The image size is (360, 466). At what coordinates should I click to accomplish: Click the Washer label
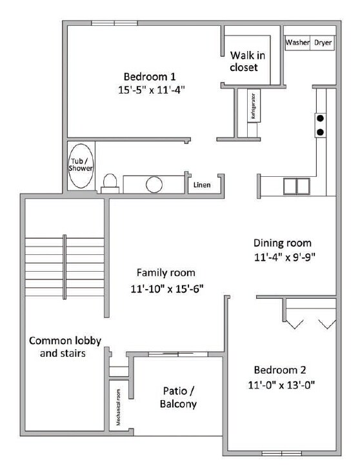coord(297,43)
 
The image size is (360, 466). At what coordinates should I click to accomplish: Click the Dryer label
coord(323,43)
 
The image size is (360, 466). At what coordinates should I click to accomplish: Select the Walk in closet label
coord(245,61)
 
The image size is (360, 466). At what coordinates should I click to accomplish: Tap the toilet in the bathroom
coord(110,183)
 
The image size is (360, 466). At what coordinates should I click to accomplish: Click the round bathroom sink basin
coord(154,185)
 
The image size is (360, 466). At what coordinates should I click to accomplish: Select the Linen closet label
coord(201,185)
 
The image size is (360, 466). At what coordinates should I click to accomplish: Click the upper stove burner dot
coord(319,118)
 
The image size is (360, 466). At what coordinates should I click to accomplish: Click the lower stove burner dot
coord(319,132)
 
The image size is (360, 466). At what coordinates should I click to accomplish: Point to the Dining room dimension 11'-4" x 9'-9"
coord(283,256)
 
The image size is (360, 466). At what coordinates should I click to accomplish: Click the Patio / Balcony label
coord(178,398)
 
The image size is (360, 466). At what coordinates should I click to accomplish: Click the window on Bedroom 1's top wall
coord(114,23)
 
